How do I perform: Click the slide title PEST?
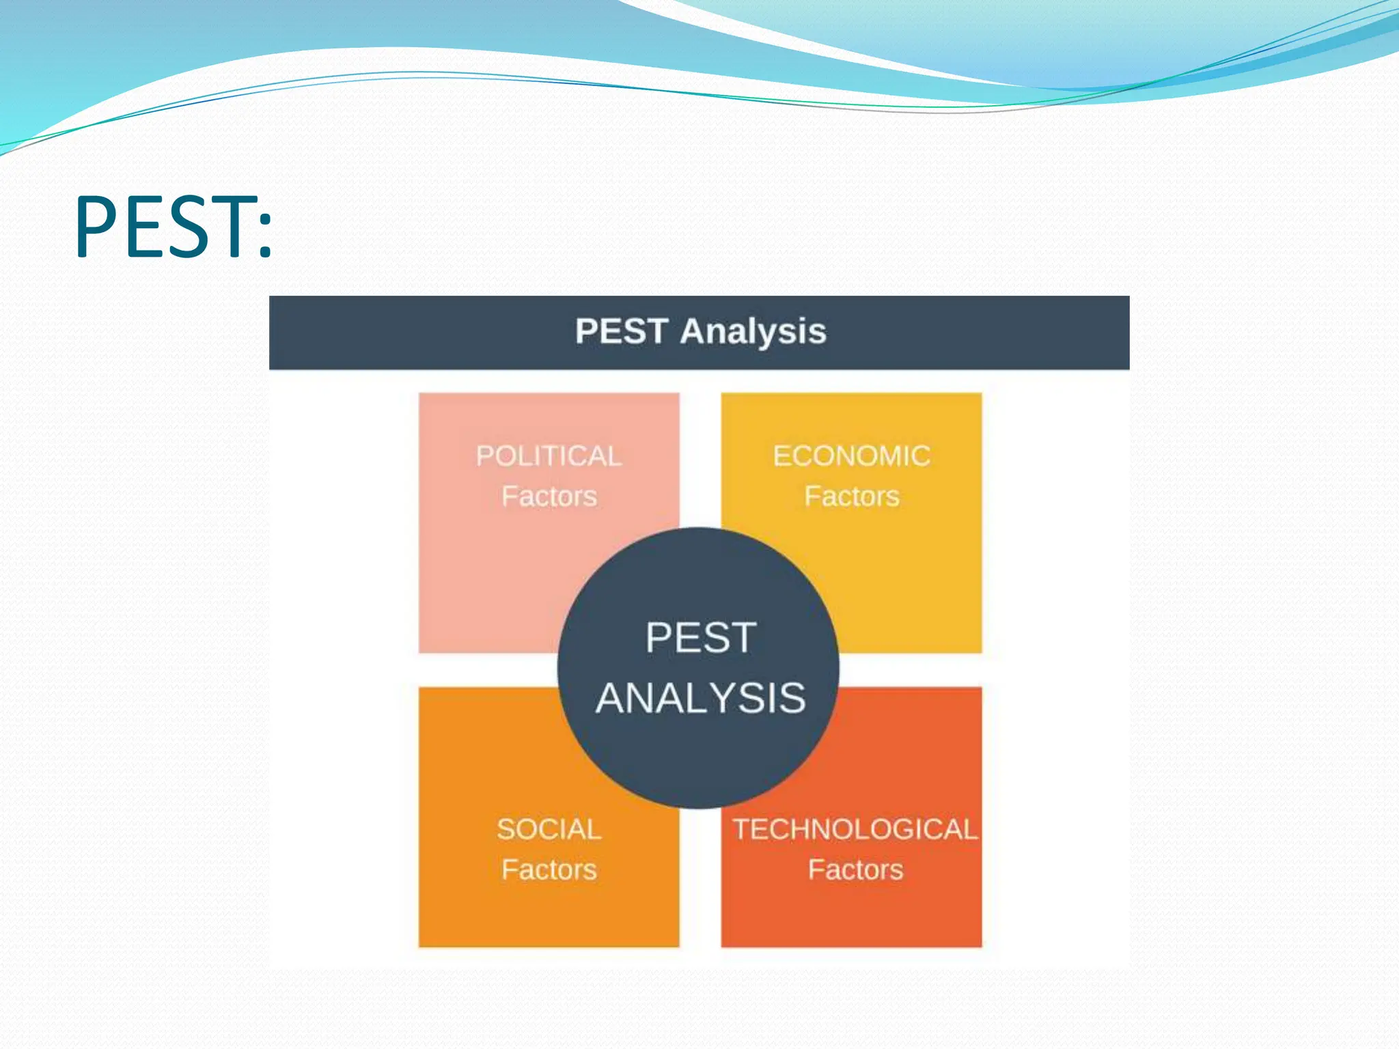tap(174, 227)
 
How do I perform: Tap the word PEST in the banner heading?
tap(620, 331)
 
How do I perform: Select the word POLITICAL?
tap(549, 456)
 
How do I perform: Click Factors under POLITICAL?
tap(549, 496)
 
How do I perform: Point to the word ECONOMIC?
tap(851, 456)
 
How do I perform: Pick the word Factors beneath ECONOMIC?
tap(851, 496)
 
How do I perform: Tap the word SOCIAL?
tap(549, 830)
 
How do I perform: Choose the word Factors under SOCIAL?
tap(549, 870)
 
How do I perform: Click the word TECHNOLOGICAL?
tap(855, 830)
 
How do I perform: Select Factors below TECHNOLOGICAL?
tap(855, 870)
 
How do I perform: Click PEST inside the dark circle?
tap(701, 638)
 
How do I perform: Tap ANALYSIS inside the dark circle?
tap(701, 699)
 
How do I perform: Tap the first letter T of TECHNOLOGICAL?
tap(741, 830)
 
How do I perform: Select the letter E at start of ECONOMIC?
tap(781, 456)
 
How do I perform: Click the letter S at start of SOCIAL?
tap(505, 830)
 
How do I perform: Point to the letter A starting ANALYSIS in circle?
tap(611, 699)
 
